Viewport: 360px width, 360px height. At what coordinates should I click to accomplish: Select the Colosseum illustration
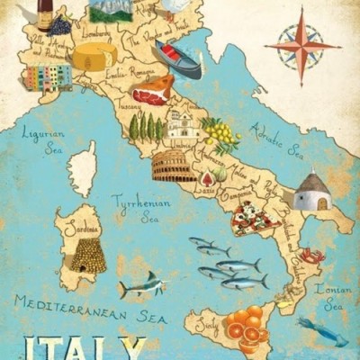pyautogui.click(x=174, y=166)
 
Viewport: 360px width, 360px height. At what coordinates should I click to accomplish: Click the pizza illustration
pyautogui.click(x=255, y=217)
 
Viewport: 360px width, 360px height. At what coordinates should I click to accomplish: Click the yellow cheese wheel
pyautogui.click(x=94, y=57)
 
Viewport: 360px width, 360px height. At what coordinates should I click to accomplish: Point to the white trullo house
pyautogui.click(x=311, y=192)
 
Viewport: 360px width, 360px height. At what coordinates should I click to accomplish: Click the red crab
pyautogui.click(x=311, y=256)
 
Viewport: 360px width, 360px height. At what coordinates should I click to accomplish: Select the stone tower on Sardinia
pyautogui.click(x=88, y=256)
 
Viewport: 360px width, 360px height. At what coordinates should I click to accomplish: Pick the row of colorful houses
pyautogui.click(x=48, y=77)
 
